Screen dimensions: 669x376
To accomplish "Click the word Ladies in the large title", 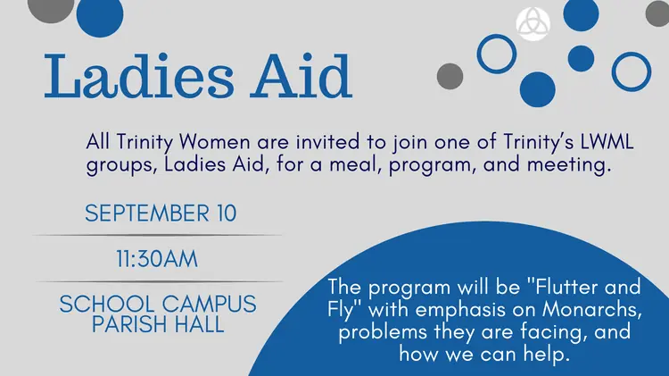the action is pyautogui.click(x=139, y=76).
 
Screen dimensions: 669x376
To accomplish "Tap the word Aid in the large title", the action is pyautogui.click(x=301, y=76).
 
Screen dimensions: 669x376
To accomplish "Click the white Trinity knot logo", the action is pyautogui.click(x=533, y=23).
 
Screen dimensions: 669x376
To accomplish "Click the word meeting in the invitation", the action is pyautogui.click(x=566, y=165).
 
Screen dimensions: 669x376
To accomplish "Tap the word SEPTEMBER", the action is pyautogui.click(x=147, y=213).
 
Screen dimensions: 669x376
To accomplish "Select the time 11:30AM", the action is pyautogui.click(x=157, y=259).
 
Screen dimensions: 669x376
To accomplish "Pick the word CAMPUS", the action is pyautogui.click(x=209, y=305).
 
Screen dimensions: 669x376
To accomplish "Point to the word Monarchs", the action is pyautogui.click(x=591, y=310).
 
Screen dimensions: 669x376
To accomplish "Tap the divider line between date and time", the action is pyautogui.click(x=157, y=236).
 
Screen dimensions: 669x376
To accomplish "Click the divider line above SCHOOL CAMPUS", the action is pyautogui.click(x=160, y=282).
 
